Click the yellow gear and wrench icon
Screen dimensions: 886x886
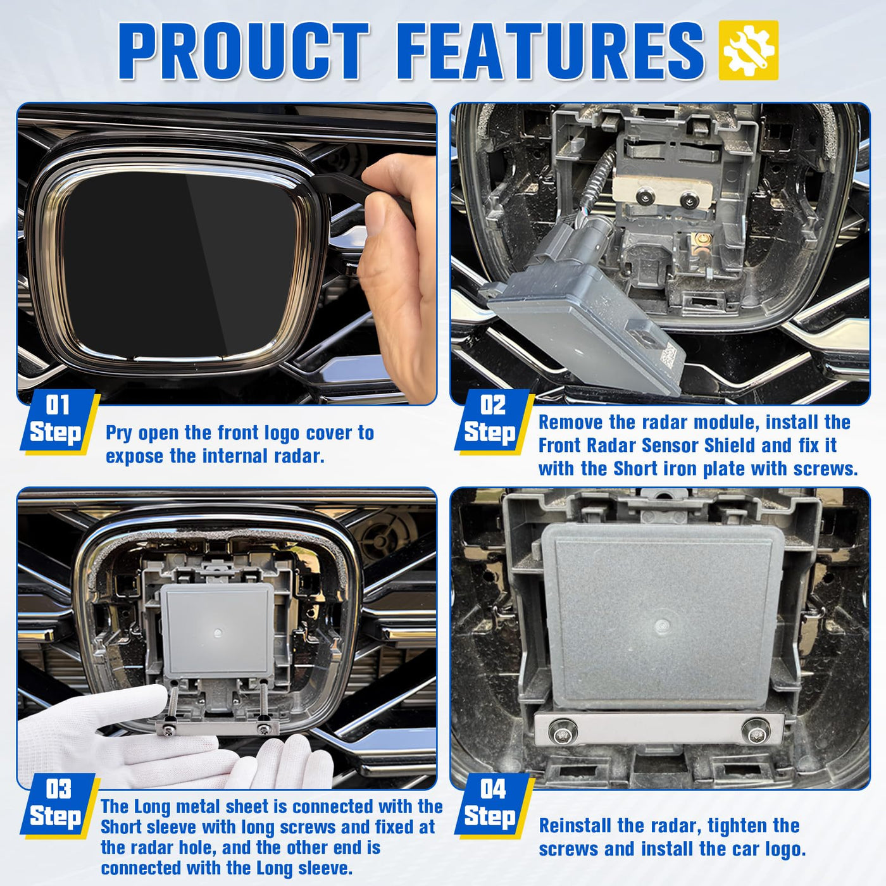pyautogui.click(x=749, y=50)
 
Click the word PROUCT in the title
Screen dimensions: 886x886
pyautogui.click(x=243, y=51)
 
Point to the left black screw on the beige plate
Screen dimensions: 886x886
pyautogui.click(x=646, y=197)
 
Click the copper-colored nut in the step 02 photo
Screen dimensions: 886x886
pyautogui.click(x=702, y=239)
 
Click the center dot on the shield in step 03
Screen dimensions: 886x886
pyautogui.click(x=218, y=633)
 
